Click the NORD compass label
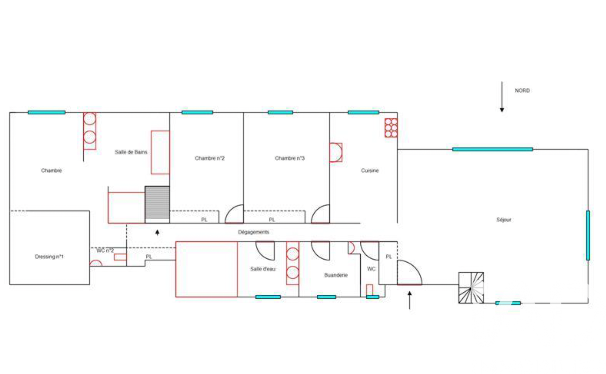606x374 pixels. coord(522,91)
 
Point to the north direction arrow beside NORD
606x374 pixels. coord(502,96)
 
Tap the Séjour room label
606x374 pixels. coord(504,220)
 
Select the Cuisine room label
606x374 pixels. coord(369,170)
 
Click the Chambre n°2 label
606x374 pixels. coord(210,158)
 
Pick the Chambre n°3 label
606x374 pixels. coord(290,158)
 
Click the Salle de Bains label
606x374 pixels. coord(131,152)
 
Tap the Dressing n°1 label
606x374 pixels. coord(49,257)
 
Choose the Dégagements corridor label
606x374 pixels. coord(253,232)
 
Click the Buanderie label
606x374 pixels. coord(336,275)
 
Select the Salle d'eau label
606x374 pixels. coord(263,269)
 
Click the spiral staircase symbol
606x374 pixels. coord(471,288)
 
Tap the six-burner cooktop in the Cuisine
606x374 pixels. coord(391,127)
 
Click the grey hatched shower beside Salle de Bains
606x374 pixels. coord(157,202)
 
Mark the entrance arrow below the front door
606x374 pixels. coord(410,300)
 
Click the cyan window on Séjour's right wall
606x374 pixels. coord(588,235)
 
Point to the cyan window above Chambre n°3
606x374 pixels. coord(280,112)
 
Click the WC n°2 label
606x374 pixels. coord(105,251)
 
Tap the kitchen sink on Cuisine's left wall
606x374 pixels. coord(336,152)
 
